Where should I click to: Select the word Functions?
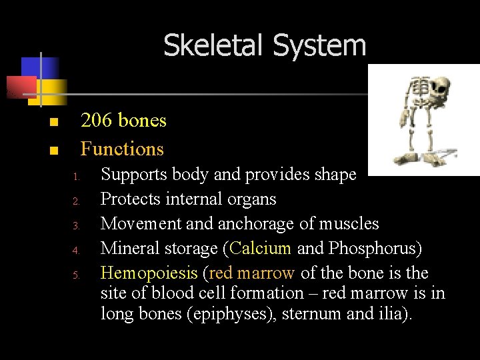click(x=122, y=149)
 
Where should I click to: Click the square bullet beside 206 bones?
click(x=53, y=122)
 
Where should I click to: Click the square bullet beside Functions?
click(x=53, y=150)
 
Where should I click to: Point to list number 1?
click(x=77, y=177)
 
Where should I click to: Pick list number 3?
click(x=77, y=226)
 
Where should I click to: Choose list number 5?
click(x=77, y=275)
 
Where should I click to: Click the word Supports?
click(x=134, y=175)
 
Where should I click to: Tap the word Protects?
click(x=130, y=199)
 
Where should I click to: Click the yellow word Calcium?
click(x=261, y=248)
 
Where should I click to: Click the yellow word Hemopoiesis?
click(x=149, y=273)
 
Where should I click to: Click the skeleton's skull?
click(x=439, y=87)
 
